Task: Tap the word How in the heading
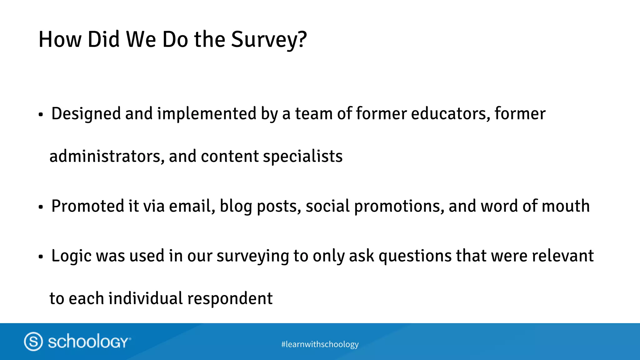point(60,40)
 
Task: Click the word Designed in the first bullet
point(86,114)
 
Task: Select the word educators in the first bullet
point(450,114)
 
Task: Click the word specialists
point(302,156)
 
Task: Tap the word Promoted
point(87,206)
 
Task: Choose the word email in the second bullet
point(192,206)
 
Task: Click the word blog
point(236,206)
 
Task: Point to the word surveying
point(252,256)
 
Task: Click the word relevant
point(562,256)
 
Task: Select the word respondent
point(230,298)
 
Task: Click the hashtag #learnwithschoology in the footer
point(320,344)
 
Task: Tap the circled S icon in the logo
point(33,341)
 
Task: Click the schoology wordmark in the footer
point(88,341)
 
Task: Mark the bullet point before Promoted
point(41,207)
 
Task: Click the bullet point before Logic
point(41,257)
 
